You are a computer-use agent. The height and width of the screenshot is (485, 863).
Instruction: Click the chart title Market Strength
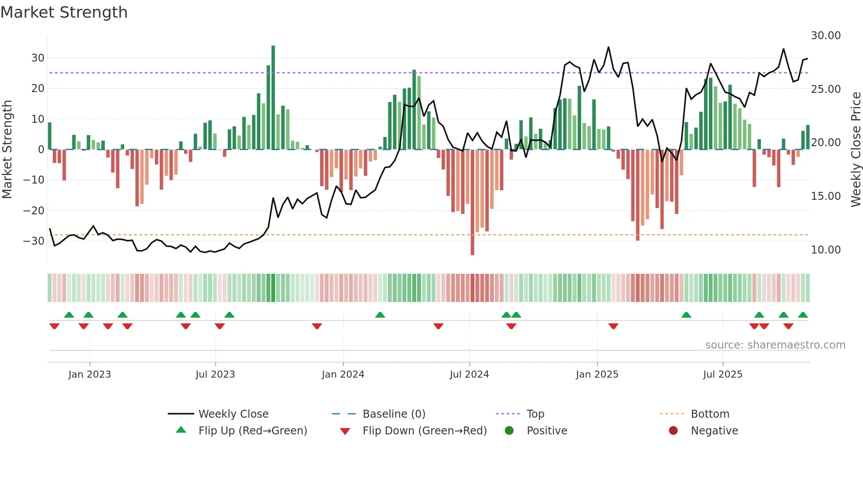pos(64,12)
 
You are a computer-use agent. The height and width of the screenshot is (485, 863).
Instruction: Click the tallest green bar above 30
pos(273,97)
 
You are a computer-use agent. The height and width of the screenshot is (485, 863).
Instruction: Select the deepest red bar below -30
pos(472,202)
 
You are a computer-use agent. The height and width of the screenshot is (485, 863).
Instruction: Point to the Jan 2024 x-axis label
pos(343,375)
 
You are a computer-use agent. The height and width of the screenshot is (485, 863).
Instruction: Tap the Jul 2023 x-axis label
pos(215,375)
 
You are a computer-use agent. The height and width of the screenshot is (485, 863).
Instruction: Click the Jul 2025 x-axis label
pos(723,375)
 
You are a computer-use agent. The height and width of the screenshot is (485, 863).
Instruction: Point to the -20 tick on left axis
pos(34,210)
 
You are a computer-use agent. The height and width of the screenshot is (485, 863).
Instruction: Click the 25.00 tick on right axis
pos(826,89)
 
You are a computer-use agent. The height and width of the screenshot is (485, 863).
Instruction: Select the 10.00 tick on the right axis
pos(826,250)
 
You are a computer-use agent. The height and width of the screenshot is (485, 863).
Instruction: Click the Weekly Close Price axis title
pos(856,150)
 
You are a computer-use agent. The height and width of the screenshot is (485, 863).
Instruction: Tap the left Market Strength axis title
pos(7,150)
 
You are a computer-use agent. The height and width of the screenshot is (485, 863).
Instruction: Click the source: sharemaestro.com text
pos(775,345)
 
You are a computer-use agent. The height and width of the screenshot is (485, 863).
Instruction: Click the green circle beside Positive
pos(509,431)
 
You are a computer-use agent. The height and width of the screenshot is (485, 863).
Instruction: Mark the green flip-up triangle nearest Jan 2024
pos(380,315)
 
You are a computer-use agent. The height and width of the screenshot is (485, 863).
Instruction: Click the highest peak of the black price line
pos(609,47)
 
